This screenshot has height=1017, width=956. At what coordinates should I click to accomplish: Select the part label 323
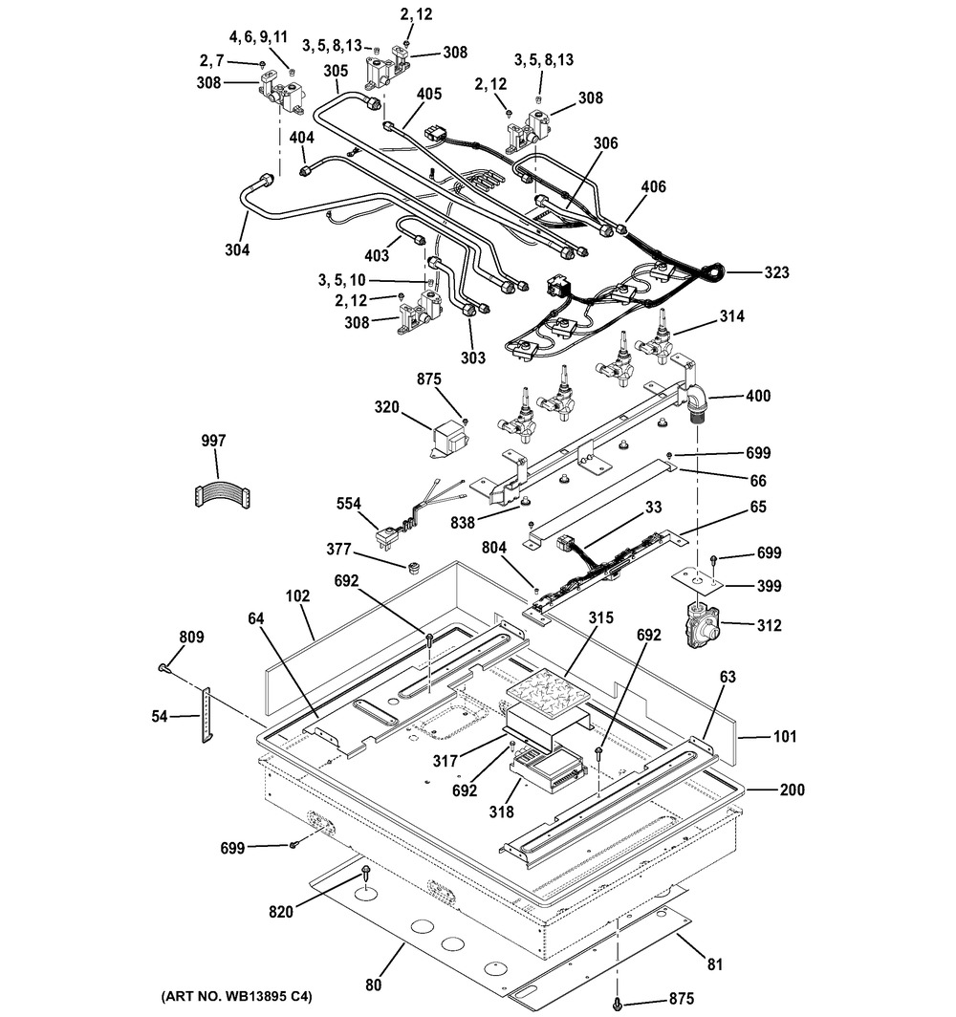(776, 273)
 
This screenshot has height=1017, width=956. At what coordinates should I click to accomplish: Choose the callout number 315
(600, 620)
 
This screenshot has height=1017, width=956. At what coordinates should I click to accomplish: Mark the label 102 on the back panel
(298, 596)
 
